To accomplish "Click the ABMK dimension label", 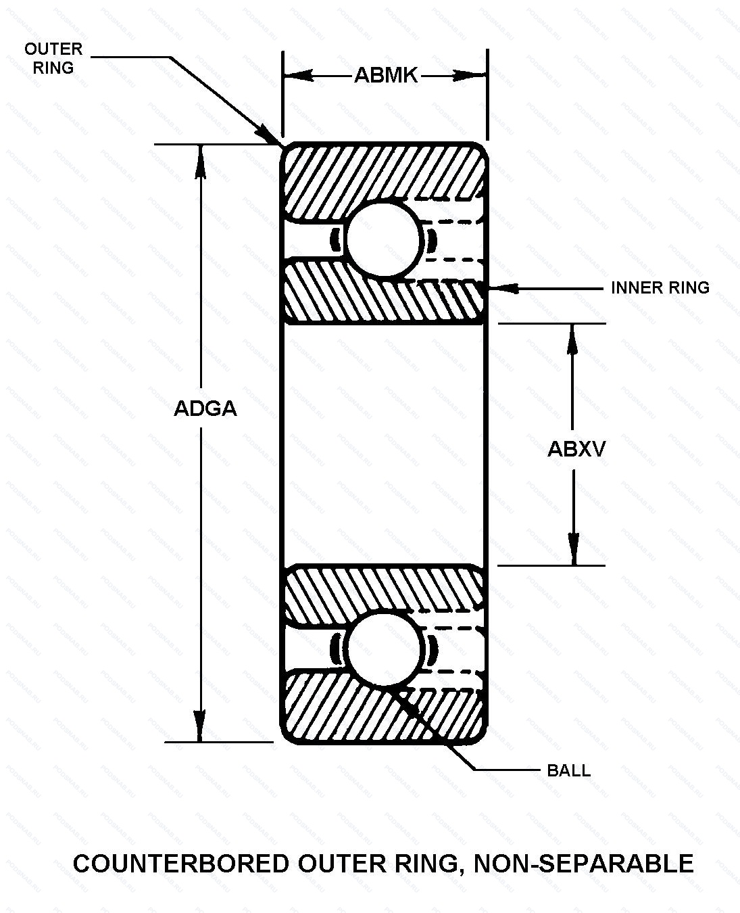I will (x=386, y=75).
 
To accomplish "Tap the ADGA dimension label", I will (x=205, y=409).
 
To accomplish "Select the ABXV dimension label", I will (x=576, y=449).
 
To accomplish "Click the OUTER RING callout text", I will (x=53, y=58).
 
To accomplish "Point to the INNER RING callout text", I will (x=660, y=288).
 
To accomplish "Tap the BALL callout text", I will (x=568, y=771).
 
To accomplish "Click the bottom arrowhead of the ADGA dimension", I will (x=199, y=728).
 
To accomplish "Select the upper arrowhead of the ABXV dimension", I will (x=573, y=337).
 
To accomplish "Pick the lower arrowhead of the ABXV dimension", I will (x=573, y=551).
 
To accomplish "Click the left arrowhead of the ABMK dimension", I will (x=297, y=75).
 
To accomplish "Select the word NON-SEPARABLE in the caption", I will (x=584, y=864).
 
